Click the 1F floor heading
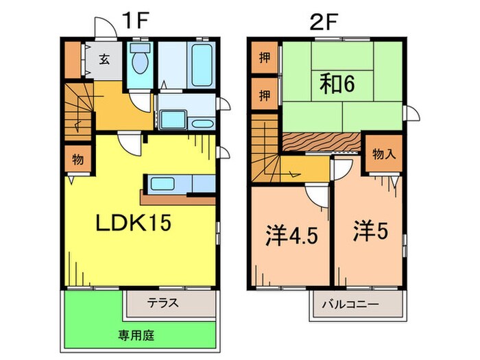coord(136,21)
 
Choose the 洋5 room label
coord(372,232)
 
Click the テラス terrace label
coord(163,302)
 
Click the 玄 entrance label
coord(103,58)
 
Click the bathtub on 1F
coord(200,64)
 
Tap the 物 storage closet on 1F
coord(77,160)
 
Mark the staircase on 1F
coord(80,112)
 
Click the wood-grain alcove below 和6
coord(320,141)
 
